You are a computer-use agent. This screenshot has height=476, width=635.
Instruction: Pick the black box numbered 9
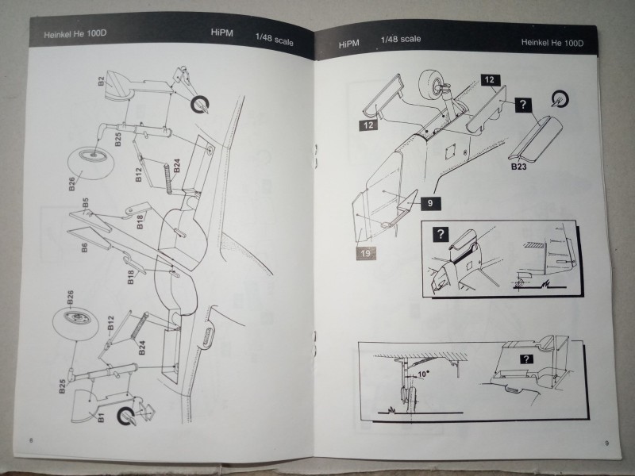(x=429, y=204)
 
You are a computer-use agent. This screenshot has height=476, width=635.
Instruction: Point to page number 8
(x=30, y=440)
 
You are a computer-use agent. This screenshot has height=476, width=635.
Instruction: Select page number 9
(x=606, y=443)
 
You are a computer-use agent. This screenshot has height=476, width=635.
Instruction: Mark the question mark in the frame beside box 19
(x=437, y=234)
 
